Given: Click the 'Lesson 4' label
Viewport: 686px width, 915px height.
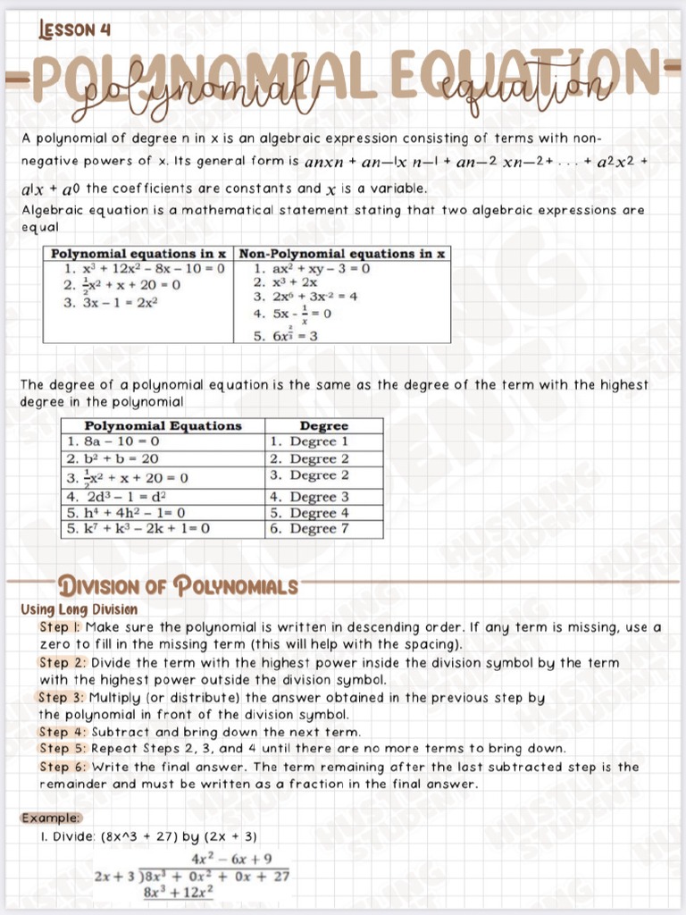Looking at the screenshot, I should [x=75, y=29].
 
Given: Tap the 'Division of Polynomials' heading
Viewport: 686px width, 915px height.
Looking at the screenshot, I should [x=178, y=587].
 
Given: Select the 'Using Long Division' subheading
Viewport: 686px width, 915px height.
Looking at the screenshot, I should [x=79, y=609].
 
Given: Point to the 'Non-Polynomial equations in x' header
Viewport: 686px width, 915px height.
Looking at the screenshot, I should [x=341, y=254].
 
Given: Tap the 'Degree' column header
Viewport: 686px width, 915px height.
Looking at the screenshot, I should [x=323, y=426].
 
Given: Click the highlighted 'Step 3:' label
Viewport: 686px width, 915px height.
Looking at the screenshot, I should [x=61, y=697].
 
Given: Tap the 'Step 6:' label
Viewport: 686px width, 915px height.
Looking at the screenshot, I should [x=61, y=767].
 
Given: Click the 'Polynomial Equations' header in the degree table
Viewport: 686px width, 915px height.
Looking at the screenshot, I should [x=163, y=426].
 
